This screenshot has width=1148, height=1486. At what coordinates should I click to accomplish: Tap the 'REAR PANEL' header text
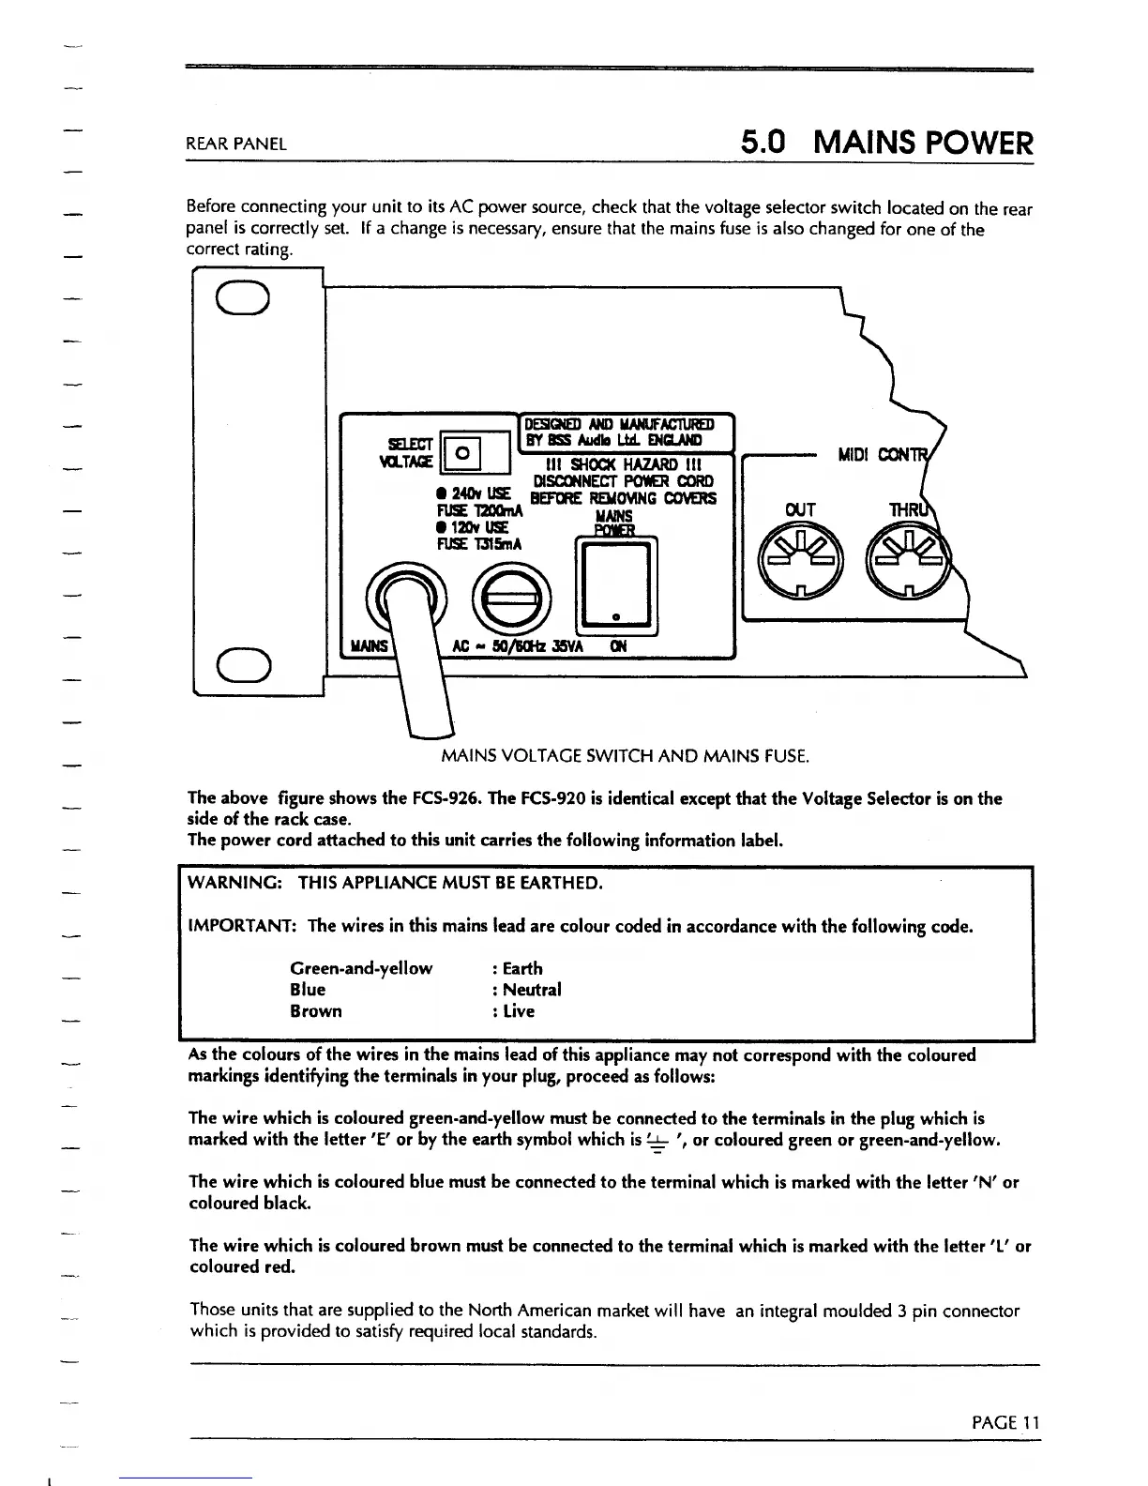[236, 144]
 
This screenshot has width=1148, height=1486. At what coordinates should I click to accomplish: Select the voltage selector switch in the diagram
[461, 453]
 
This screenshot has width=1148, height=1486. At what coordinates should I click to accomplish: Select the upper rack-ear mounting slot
[244, 299]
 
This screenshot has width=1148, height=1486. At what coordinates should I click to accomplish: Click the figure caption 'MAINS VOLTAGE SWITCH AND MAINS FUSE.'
[625, 756]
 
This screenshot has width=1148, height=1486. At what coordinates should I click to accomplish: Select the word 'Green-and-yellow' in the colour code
[361, 968]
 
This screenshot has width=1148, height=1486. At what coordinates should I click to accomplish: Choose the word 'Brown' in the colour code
[316, 1011]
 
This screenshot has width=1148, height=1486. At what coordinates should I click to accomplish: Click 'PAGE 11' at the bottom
[1005, 1422]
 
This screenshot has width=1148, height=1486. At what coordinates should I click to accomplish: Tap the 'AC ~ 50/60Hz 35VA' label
[519, 646]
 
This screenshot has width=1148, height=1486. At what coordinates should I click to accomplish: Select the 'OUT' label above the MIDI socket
[800, 509]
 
